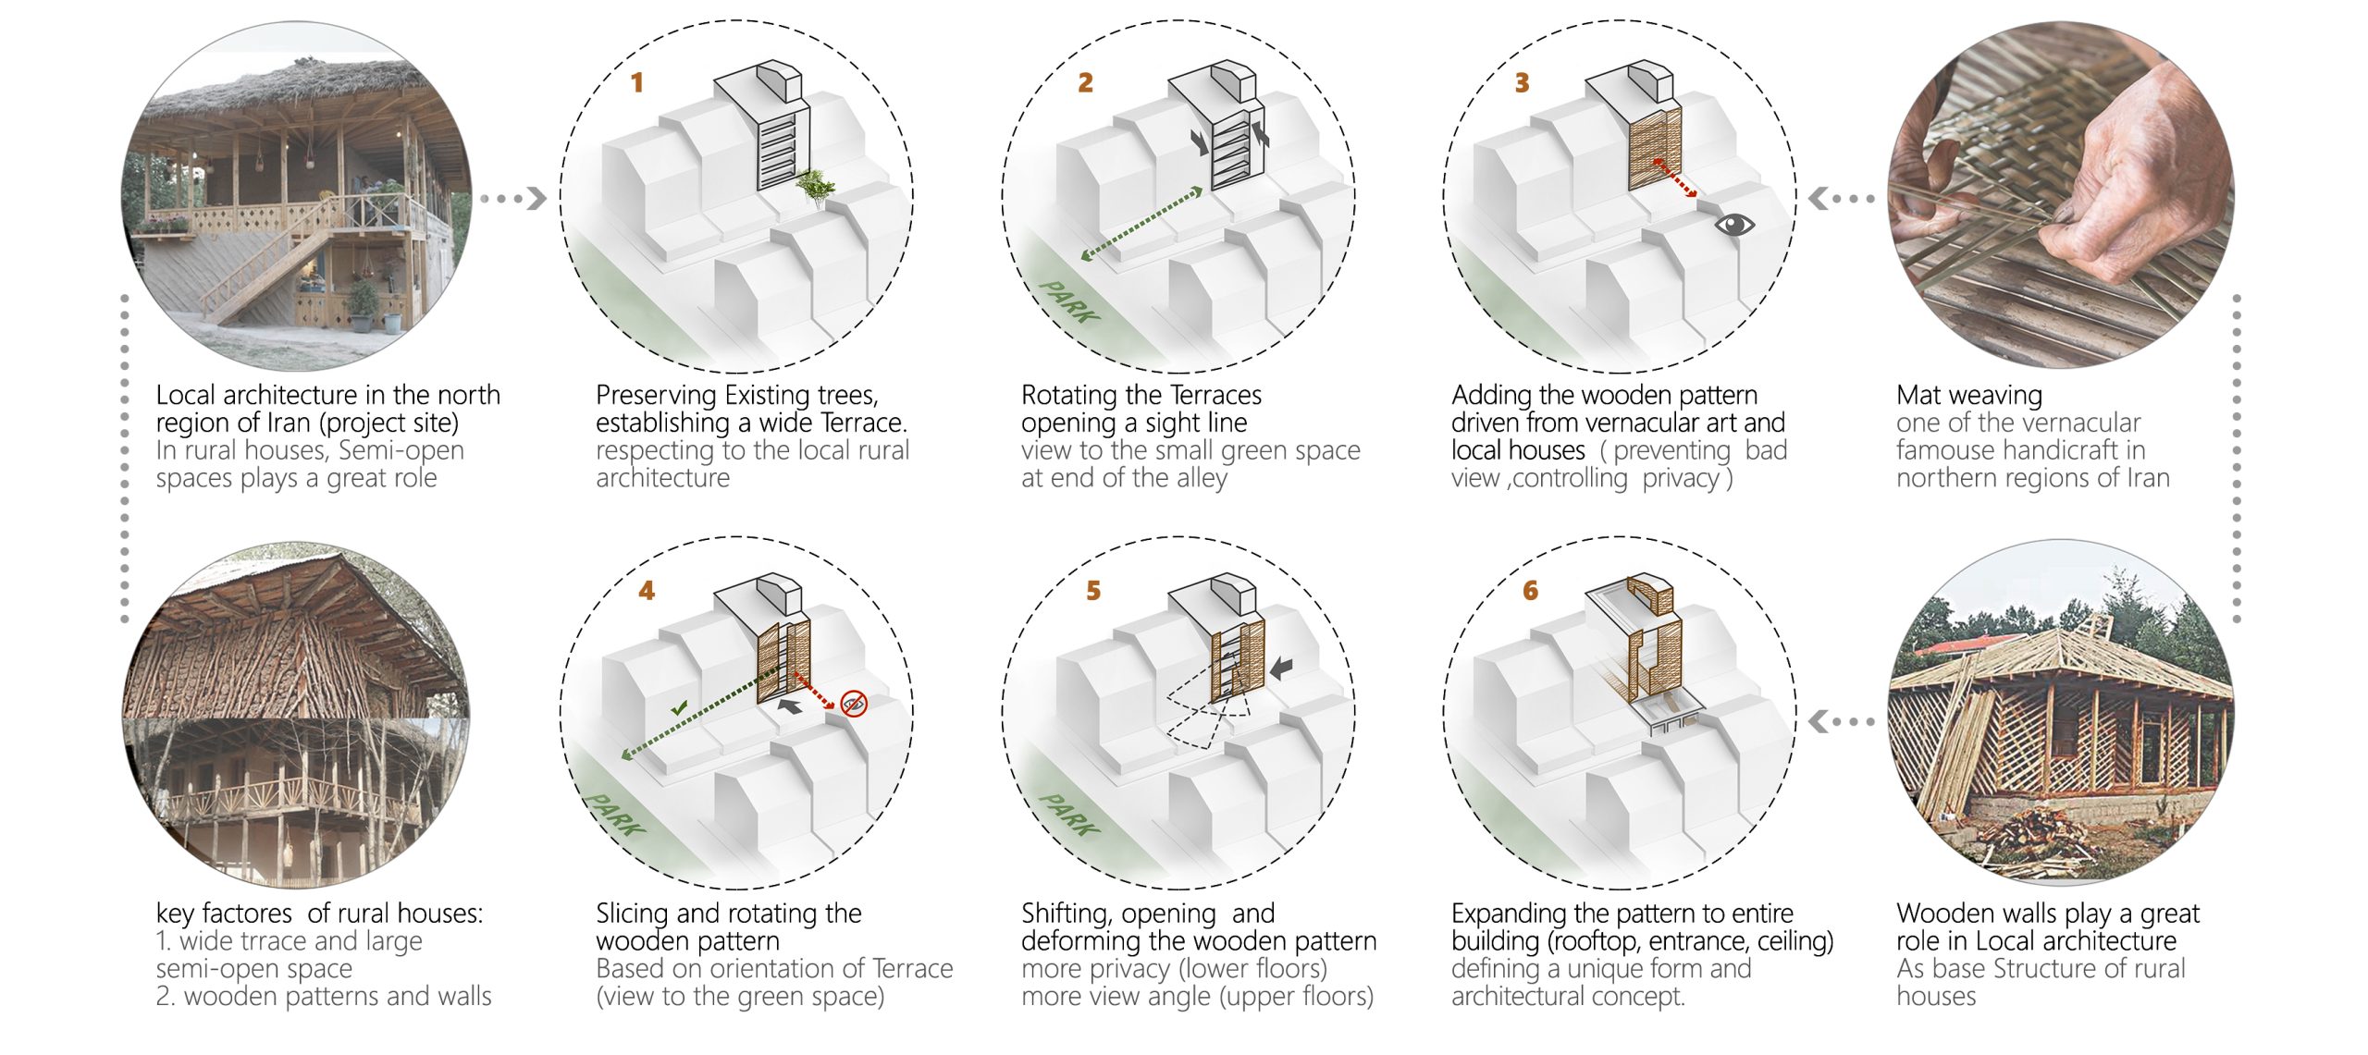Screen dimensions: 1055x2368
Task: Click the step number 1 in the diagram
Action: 636,83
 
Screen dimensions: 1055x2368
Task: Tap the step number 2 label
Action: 1085,83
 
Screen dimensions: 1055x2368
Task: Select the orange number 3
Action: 1522,83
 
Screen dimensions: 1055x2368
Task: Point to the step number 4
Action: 647,591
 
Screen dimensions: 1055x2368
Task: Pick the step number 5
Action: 1093,591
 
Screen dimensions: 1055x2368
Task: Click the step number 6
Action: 1530,591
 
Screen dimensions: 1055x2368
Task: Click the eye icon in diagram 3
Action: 1733,224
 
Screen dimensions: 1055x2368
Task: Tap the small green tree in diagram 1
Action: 814,187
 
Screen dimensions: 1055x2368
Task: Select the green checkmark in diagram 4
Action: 680,708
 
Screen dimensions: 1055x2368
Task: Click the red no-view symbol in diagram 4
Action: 854,703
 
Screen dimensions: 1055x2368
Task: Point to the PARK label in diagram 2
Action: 1069,301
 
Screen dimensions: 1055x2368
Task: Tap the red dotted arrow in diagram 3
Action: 1674,178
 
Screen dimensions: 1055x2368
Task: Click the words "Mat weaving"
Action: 1968,396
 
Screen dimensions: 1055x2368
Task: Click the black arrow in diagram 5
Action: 1281,668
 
